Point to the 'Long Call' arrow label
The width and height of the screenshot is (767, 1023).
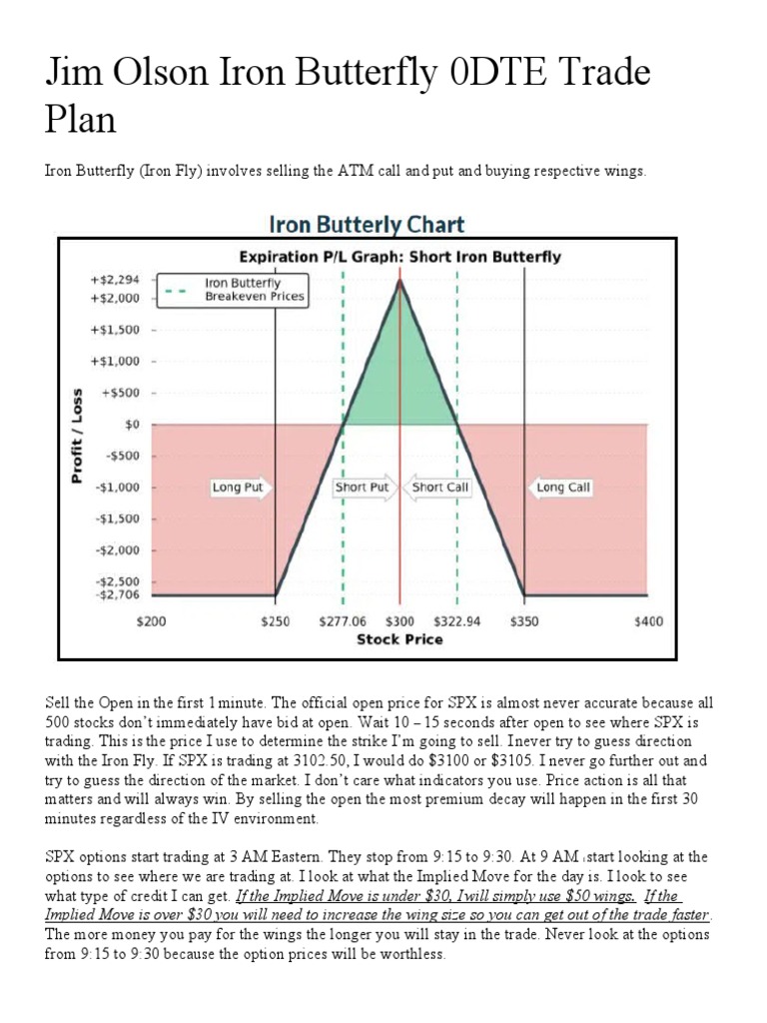pos(562,488)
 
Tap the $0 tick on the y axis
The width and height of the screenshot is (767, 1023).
pos(129,424)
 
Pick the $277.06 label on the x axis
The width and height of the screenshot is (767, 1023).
pos(342,621)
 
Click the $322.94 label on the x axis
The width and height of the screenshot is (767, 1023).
pos(458,621)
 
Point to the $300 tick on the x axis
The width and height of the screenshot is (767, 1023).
pos(399,621)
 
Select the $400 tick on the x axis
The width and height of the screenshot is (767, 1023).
pos(648,621)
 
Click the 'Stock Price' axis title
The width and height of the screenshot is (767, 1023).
pos(399,639)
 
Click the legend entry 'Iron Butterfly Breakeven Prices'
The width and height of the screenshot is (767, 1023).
pos(255,290)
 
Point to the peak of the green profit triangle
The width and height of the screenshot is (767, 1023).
pos(400,282)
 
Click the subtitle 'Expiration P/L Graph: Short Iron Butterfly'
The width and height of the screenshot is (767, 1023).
pos(398,257)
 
